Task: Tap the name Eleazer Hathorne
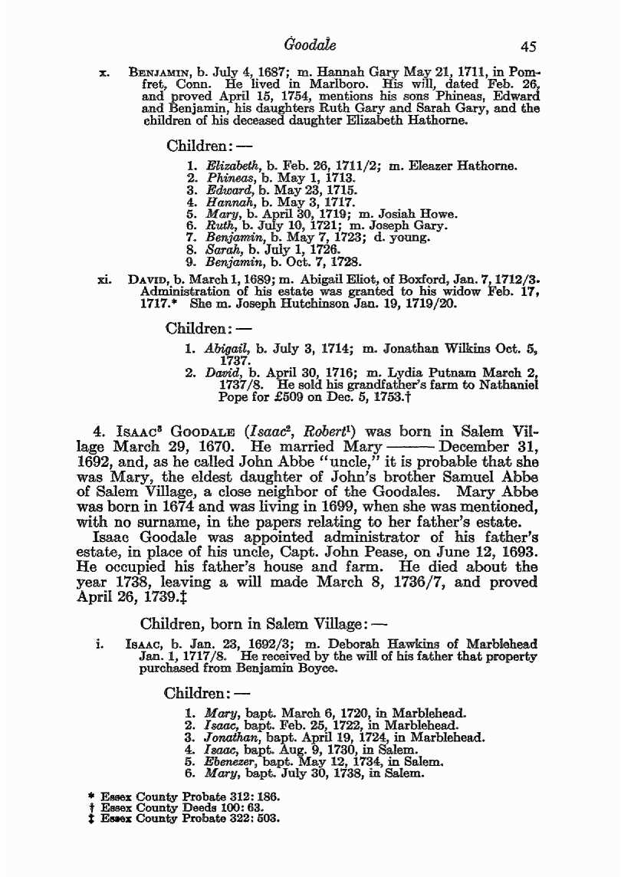coord(468,166)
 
